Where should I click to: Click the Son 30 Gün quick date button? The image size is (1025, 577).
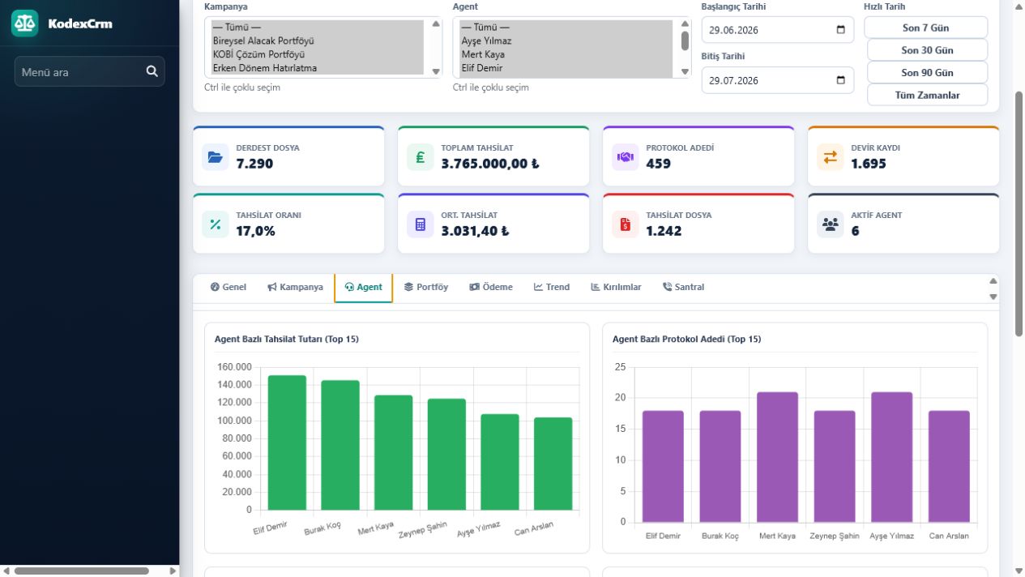[x=927, y=50]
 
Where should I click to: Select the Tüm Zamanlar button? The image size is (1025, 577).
[x=927, y=95]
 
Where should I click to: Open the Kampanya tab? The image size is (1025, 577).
[x=295, y=287]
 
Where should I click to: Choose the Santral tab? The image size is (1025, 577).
[x=683, y=287]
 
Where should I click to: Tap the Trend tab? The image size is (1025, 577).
[x=552, y=287]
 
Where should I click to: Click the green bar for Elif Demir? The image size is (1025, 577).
[x=287, y=442]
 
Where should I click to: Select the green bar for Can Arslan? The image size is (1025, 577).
[x=553, y=464]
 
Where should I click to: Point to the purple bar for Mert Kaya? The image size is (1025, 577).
[x=777, y=457]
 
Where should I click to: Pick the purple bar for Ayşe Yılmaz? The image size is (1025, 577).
[x=891, y=457]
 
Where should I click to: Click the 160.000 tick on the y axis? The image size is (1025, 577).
[x=234, y=367]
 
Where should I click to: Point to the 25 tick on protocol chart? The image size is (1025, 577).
[x=620, y=367]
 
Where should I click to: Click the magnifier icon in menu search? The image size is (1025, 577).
[x=152, y=71]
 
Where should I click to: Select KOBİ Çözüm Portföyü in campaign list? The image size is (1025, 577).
[x=258, y=54]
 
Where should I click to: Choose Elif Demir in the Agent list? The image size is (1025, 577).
[x=482, y=68]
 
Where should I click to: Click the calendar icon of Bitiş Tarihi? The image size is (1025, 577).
[x=840, y=80]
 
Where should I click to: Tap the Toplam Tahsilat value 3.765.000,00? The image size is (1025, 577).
[x=490, y=164]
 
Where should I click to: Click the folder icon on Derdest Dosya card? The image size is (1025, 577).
[x=215, y=157]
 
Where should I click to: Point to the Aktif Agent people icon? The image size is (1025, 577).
[x=830, y=224]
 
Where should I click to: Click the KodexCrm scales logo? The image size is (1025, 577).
[x=24, y=24]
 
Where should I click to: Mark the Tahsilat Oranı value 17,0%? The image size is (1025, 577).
[x=255, y=231]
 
